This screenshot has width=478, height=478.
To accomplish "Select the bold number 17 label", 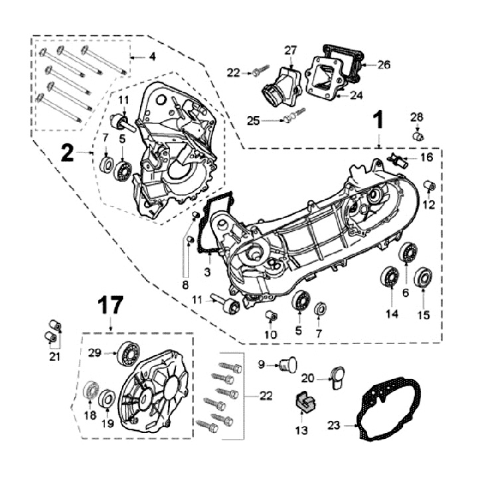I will pyautogui.click(x=111, y=306).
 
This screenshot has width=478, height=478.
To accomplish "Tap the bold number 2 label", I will pyautogui.click(x=68, y=153).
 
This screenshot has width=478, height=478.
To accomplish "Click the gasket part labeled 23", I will pyautogui.click(x=388, y=412).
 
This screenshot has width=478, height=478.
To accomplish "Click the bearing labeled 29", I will pyautogui.click(x=126, y=352).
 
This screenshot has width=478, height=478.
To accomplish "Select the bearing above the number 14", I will pyautogui.click(x=389, y=276).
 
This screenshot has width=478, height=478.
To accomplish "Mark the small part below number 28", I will pyautogui.click(x=417, y=136).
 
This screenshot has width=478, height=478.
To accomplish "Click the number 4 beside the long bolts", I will pyautogui.click(x=152, y=57).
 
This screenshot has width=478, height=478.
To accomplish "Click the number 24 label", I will pyautogui.click(x=356, y=95).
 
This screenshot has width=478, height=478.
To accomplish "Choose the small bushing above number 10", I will pyautogui.click(x=270, y=315).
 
